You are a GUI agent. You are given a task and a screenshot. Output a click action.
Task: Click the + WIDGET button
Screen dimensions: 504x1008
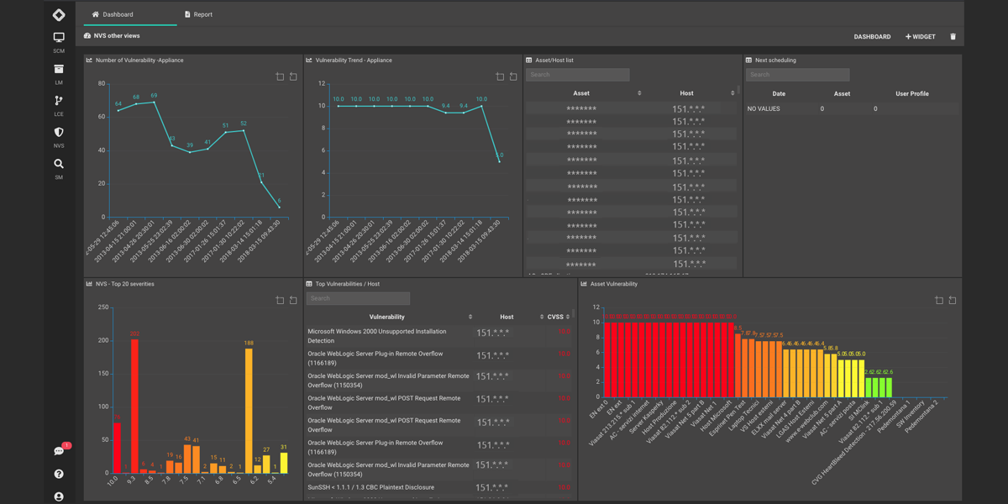pyautogui.click(x=920, y=37)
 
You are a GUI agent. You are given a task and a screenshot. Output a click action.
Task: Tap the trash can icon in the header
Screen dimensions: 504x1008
pyautogui.click(x=953, y=37)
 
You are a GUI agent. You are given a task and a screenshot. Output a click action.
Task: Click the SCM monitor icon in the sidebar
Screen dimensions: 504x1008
pyautogui.click(x=59, y=38)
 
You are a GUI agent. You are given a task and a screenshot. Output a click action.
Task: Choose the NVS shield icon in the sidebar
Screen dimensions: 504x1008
pyautogui.click(x=59, y=133)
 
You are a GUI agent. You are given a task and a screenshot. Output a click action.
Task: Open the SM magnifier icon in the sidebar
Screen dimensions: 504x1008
pyautogui.click(x=59, y=165)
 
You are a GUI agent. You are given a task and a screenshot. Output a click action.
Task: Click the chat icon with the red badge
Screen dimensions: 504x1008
pyautogui.click(x=59, y=451)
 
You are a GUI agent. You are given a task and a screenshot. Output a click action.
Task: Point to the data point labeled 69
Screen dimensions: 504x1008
pyautogui.click(x=155, y=102)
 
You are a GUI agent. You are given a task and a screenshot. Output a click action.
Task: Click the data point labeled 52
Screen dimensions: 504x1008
pyautogui.click(x=244, y=130)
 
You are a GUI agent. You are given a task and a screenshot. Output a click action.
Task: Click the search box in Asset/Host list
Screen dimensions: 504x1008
pyautogui.click(x=577, y=75)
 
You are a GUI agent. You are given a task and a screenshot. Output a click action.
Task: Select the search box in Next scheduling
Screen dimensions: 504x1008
pyautogui.click(x=797, y=75)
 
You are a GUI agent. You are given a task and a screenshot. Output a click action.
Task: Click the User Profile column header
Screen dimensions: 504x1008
pyautogui.click(x=911, y=94)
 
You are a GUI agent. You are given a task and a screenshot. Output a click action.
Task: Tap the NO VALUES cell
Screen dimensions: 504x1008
pyautogui.click(x=764, y=108)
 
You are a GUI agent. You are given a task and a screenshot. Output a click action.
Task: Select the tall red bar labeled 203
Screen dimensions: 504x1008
pyautogui.click(x=134, y=406)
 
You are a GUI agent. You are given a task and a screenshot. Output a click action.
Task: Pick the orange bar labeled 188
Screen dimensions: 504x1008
pyautogui.click(x=249, y=411)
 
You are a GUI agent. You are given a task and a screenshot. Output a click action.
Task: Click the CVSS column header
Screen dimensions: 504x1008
pyautogui.click(x=556, y=317)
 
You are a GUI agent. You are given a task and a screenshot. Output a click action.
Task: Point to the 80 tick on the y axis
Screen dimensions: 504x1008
pyautogui.click(x=102, y=84)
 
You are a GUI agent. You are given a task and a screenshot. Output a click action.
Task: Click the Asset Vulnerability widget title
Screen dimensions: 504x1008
pyautogui.click(x=613, y=284)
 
